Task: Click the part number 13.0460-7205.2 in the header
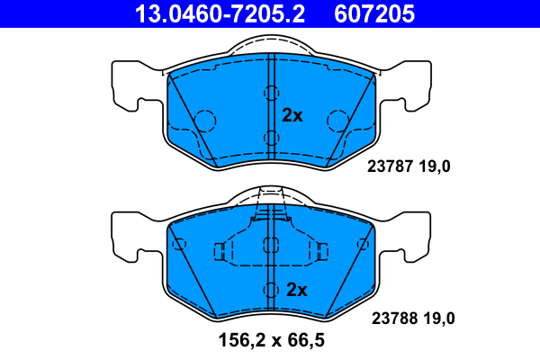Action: click(x=220, y=13)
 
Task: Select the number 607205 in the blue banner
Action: click(x=374, y=13)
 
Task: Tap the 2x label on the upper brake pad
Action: click(x=292, y=115)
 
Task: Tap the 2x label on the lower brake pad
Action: click(x=296, y=290)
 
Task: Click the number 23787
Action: click(x=390, y=166)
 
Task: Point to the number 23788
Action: click(x=394, y=318)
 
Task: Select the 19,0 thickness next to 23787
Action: click(x=435, y=166)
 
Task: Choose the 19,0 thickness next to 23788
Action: click(x=439, y=318)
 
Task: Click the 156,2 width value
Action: click(x=242, y=340)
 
